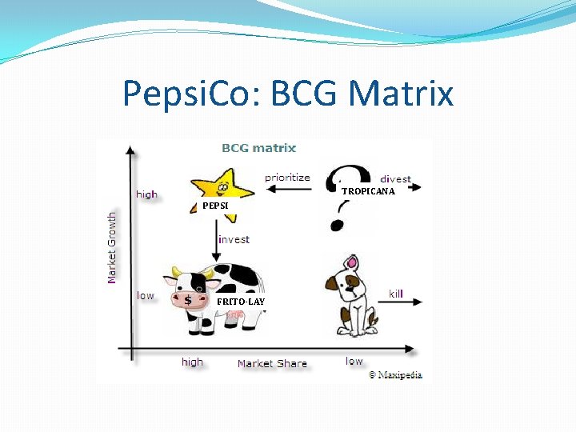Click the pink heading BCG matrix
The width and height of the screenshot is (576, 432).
pos(258,148)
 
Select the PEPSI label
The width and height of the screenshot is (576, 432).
pos(215,206)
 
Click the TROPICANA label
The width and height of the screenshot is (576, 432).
pos(368,191)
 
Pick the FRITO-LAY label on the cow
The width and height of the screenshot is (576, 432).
pos(241,301)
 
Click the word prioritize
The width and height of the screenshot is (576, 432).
pos(287,177)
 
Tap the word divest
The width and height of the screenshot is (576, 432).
pos(395,179)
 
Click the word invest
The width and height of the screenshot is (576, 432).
pos(234,239)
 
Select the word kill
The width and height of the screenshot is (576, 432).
pos(396,294)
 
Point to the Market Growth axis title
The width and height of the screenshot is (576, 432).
pos(112,246)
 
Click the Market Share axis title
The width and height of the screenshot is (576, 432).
pos(272,363)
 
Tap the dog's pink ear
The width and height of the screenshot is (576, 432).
pos(350,263)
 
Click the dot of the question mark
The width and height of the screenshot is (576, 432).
pos(337,225)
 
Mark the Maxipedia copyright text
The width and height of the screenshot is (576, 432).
pos(394,374)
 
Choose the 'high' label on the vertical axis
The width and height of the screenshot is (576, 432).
pos(146,194)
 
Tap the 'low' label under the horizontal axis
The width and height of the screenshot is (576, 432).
pos(354,361)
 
